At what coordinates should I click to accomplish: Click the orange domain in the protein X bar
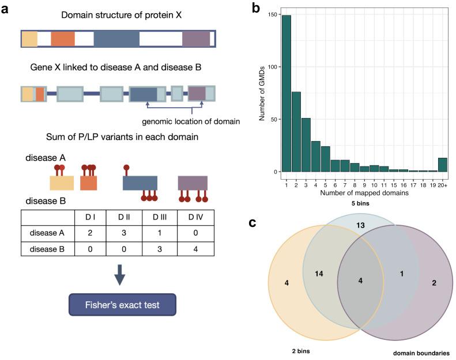pos(63,39)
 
